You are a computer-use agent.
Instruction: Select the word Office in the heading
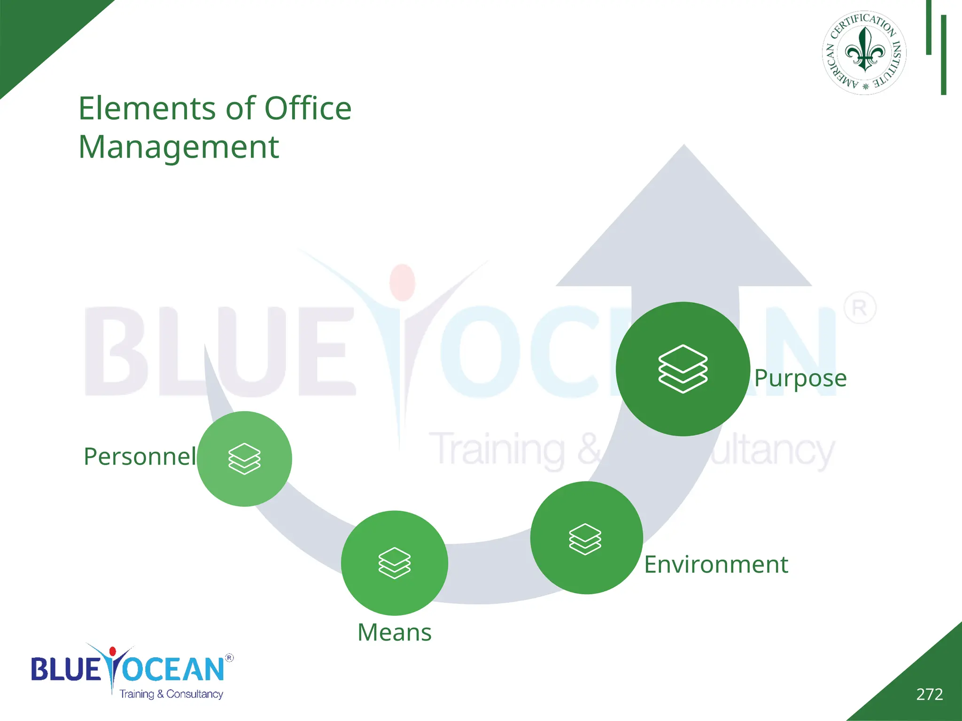(308, 108)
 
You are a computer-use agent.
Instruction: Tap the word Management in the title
(178, 147)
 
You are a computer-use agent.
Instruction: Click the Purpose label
(800, 378)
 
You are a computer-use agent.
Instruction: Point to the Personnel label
(140, 457)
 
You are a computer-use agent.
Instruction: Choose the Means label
(395, 632)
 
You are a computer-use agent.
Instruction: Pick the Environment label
(716, 565)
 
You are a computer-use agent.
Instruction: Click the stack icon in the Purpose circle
(683, 368)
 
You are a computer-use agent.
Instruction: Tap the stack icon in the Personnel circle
(244, 459)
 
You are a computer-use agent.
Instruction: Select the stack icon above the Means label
(395, 563)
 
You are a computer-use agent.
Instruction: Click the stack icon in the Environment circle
(585, 539)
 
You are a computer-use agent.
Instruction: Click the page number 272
(929, 694)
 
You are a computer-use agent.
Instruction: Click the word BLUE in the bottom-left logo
(66, 669)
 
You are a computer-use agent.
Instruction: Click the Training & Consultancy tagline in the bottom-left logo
(171, 694)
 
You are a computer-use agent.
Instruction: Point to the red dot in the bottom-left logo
(112, 651)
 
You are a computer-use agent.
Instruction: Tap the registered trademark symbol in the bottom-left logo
(229, 658)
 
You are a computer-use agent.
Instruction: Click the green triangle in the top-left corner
(38, 33)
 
